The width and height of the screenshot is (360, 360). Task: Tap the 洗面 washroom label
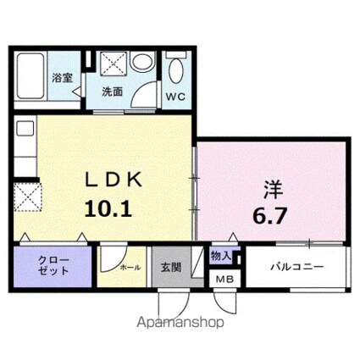(x=113, y=91)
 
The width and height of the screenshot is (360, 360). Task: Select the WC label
(x=176, y=96)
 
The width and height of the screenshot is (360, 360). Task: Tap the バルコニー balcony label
(x=295, y=266)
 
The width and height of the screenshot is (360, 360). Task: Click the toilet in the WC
(x=176, y=69)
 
